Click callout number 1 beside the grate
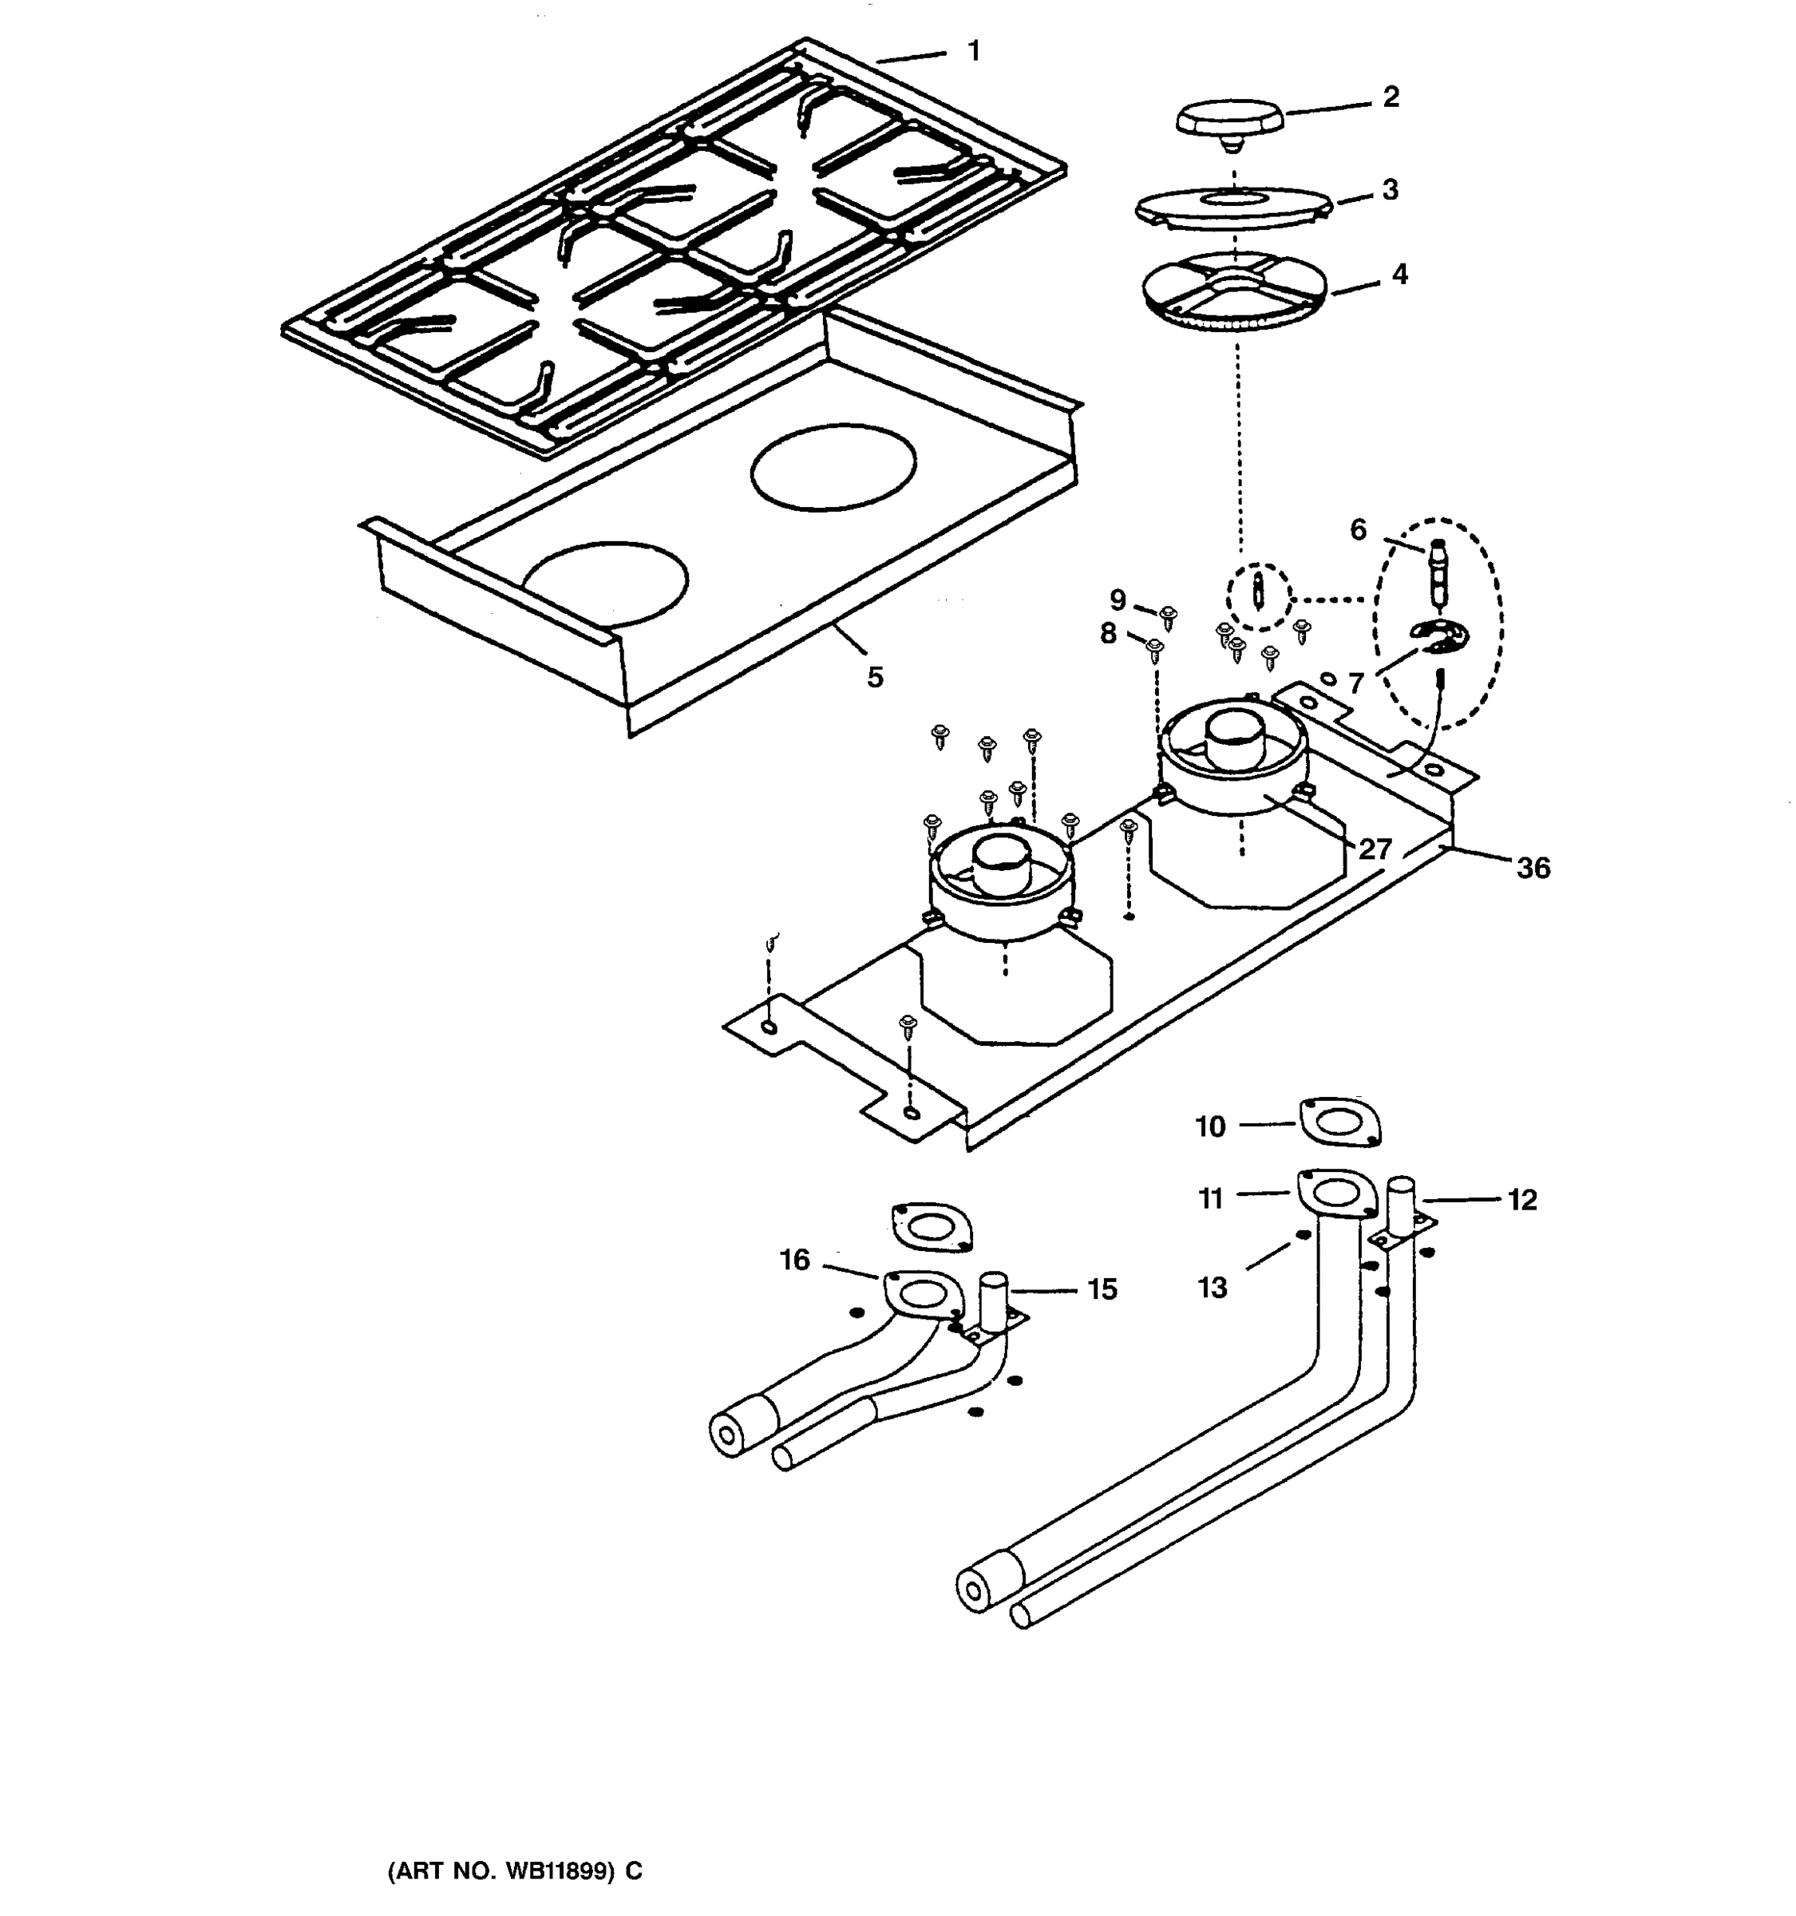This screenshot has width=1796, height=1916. click(x=974, y=51)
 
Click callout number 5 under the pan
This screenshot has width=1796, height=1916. click(x=875, y=678)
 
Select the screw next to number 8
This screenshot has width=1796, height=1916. click(x=1155, y=647)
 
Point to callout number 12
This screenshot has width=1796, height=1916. click(x=1522, y=1200)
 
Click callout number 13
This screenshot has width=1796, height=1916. click(x=1212, y=1288)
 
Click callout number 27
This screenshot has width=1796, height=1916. click(x=1376, y=849)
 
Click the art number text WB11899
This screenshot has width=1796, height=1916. click(x=556, y=1871)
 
